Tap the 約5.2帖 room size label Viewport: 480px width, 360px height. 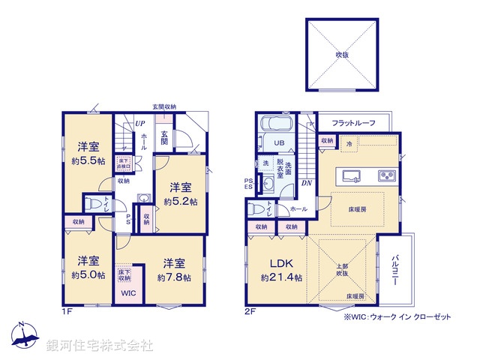click(x=181, y=201)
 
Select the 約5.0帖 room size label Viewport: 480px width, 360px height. click(x=88, y=274)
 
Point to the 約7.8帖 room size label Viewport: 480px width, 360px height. click(x=174, y=277)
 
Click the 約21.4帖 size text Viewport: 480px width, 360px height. click(x=282, y=277)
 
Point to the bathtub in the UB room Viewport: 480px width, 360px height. click(x=276, y=124)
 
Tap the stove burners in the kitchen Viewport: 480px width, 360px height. click(x=387, y=177)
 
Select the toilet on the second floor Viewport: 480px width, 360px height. click(x=258, y=210)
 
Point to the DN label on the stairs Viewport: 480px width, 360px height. click(x=307, y=182)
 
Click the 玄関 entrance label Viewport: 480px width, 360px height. click(x=164, y=138)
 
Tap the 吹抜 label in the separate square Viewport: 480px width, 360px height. click(x=341, y=55)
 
